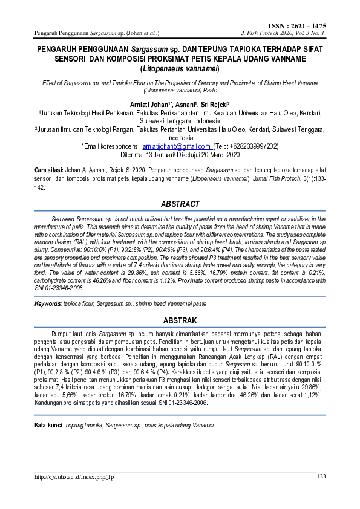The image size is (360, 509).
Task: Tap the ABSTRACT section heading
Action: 179,204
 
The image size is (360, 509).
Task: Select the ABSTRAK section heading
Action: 179,320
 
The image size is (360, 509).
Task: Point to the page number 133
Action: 321,477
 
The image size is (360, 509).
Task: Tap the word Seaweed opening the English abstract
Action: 64,218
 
